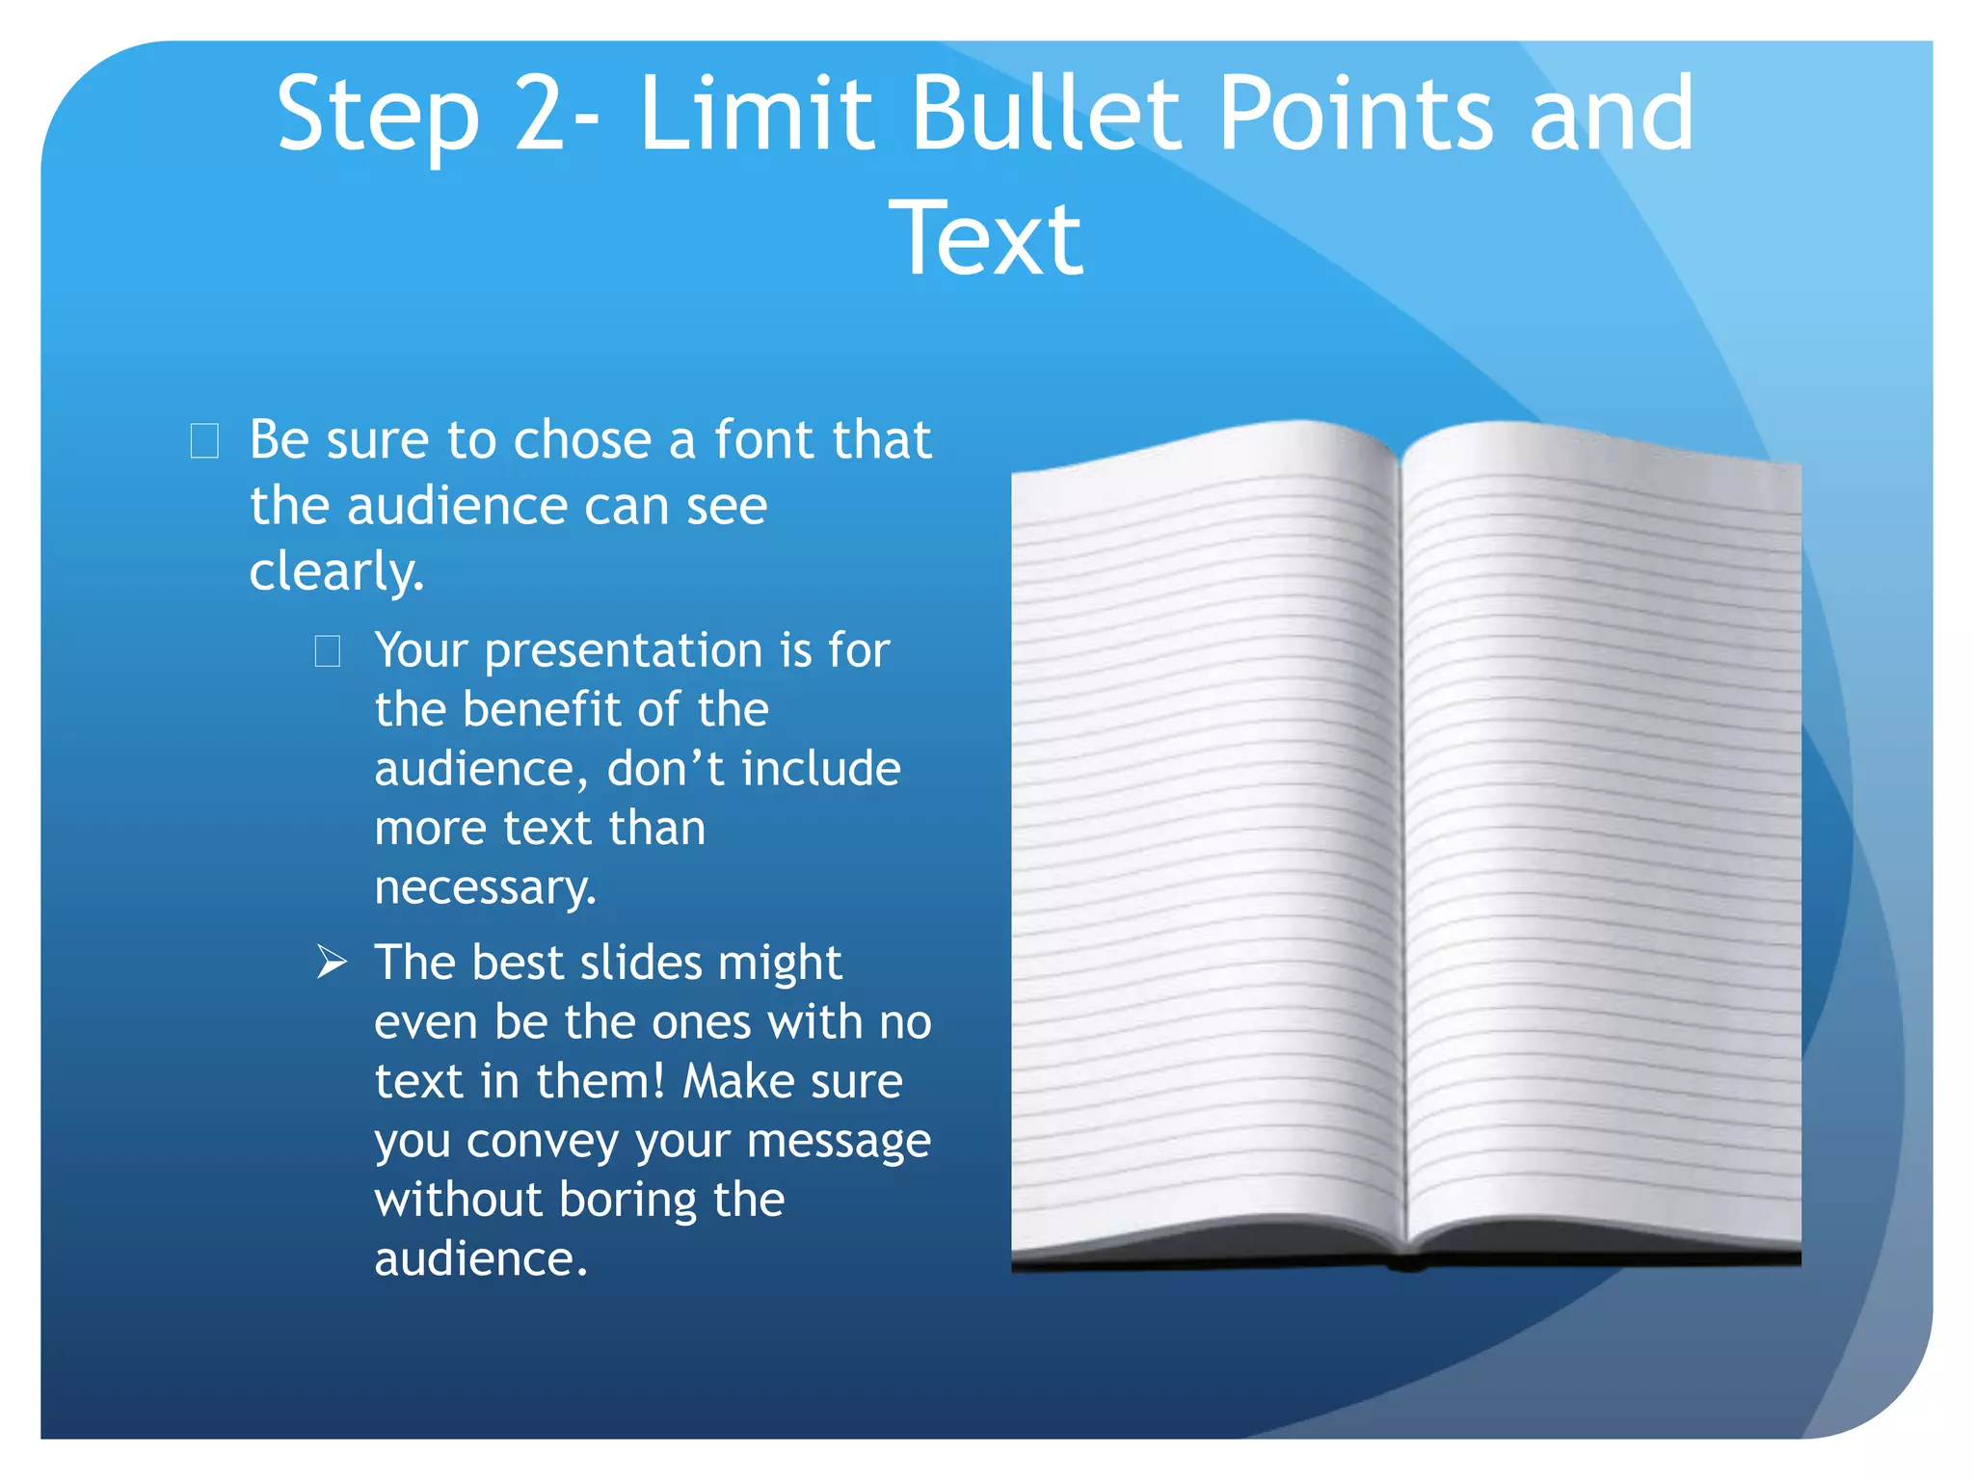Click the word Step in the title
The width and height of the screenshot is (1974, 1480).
pyautogui.click(x=378, y=116)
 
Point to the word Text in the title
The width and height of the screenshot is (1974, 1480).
pyautogui.click(x=986, y=238)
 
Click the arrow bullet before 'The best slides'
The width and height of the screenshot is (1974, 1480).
pyautogui.click(x=332, y=963)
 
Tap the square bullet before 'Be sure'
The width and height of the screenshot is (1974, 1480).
pyautogui.click(x=204, y=441)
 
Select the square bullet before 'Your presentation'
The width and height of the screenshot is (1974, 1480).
pyautogui.click(x=328, y=651)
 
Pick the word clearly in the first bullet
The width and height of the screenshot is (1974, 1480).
pyautogui.click(x=336, y=572)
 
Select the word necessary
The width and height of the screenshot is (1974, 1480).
pyautogui.click(x=485, y=888)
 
